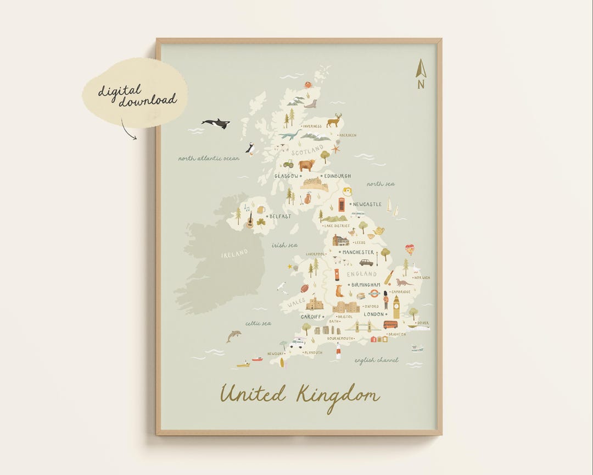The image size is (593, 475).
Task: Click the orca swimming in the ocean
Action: [x=216, y=124]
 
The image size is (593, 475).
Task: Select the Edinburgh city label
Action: [x=338, y=176]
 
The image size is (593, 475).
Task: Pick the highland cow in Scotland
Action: [x=306, y=165]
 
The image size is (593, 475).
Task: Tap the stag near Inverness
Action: [x=334, y=120]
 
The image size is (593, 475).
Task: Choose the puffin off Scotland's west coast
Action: [x=250, y=148]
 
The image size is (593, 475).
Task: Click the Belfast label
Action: [x=280, y=217]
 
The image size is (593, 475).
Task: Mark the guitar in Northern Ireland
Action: [x=250, y=220]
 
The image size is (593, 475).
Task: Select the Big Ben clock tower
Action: [x=396, y=307]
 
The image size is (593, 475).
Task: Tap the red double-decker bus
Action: [x=390, y=324]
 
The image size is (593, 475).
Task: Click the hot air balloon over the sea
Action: [x=410, y=250]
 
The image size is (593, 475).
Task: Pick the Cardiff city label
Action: [x=311, y=317]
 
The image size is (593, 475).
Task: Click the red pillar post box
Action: [x=337, y=274]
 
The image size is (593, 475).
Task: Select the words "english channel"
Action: [x=376, y=361]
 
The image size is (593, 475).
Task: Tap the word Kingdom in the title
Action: [x=338, y=395]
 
